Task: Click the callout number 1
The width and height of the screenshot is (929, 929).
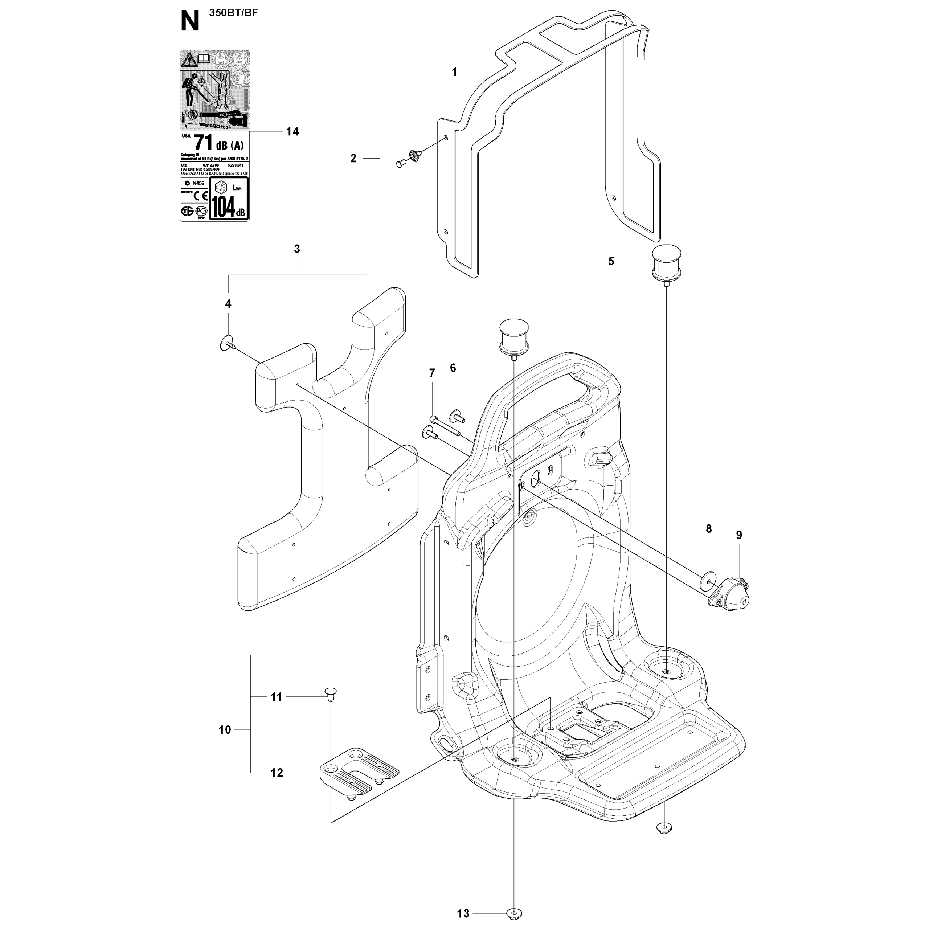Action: point(454,72)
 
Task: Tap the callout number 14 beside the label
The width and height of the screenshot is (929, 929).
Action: point(292,131)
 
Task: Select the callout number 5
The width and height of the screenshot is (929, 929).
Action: point(611,261)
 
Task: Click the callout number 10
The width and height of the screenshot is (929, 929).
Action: point(225,730)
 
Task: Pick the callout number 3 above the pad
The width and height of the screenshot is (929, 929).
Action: point(297,249)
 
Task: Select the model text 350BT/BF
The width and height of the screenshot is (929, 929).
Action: point(233,13)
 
